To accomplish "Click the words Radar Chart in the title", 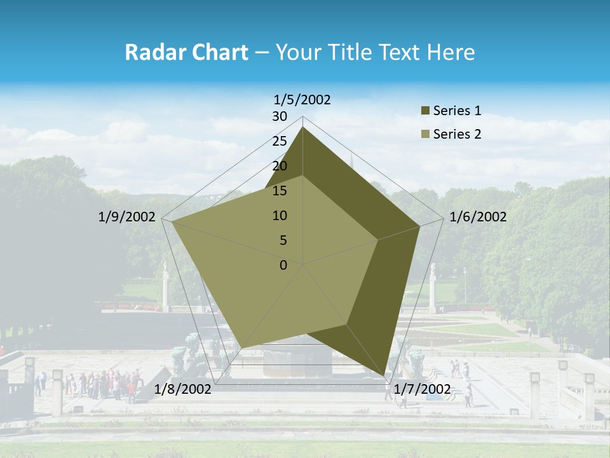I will (x=186, y=53).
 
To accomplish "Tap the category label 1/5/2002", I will (x=302, y=99).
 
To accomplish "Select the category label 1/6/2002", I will (x=478, y=217).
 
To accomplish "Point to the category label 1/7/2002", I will (x=422, y=389).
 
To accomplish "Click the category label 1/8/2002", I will (x=182, y=389).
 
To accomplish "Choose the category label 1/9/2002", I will (x=127, y=217).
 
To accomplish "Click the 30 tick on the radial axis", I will (x=280, y=116).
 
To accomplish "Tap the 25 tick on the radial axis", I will (x=280, y=141).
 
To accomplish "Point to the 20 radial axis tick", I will (x=280, y=166).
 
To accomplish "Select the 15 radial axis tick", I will (x=280, y=191).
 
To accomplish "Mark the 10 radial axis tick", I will (x=280, y=216).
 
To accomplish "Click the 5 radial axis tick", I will (x=283, y=240).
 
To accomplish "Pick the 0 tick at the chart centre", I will (x=283, y=265).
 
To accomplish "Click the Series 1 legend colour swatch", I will (x=425, y=111).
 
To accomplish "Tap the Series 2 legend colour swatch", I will (x=425, y=134).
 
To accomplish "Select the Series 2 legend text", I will (x=457, y=134).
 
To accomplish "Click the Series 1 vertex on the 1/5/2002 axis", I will (x=303, y=127).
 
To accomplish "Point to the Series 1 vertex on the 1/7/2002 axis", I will (x=384, y=375).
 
